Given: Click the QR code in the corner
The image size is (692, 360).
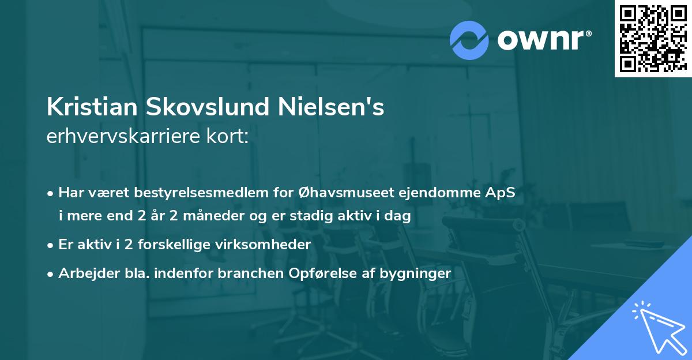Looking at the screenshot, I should coord(653,39).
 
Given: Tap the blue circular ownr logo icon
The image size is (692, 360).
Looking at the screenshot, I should coord(469,40).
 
